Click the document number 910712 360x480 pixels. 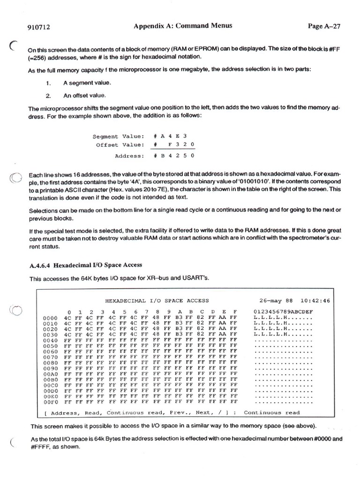pyautogui.click(x=39, y=27)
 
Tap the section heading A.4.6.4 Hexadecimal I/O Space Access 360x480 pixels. pyautogui.click(x=86, y=265)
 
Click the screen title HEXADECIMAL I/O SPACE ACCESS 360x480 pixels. pyautogui.click(x=157, y=300)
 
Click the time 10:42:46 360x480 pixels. pyautogui.click(x=315, y=300)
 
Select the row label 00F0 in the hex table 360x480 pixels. pyautogui.click(x=50, y=402)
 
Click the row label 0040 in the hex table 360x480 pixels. pyautogui.click(x=50, y=340)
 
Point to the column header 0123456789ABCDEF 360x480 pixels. pyautogui.click(x=283, y=312)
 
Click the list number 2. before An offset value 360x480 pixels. pyautogui.click(x=48, y=96)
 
